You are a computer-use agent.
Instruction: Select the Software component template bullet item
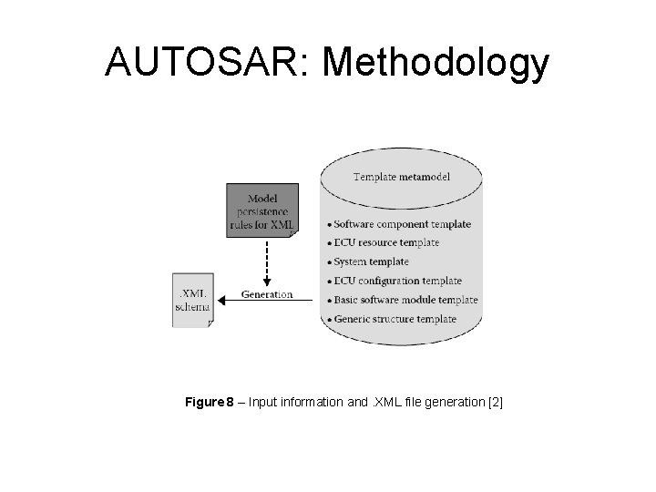pyautogui.click(x=402, y=223)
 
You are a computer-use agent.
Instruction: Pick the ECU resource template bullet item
pyautogui.click(x=386, y=242)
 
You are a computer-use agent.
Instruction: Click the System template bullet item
pyautogui.click(x=371, y=261)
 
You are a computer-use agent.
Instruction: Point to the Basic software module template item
pyautogui.click(x=405, y=300)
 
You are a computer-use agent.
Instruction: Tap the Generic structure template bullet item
pyautogui.click(x=395, y=319)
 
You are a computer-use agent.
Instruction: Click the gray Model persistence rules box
pyautogui.click(x=262, y=210)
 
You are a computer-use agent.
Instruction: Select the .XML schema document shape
pyautogui.click(x=192, y=300)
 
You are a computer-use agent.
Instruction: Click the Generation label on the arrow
pyautogui.click(x=267, y=293)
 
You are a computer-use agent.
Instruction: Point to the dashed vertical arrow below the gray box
pyautogui.click(x=267, y=260)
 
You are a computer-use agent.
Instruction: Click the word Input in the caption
pyautogui.click(x=265, y=402)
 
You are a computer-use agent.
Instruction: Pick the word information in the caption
pyautogui.click(x=315, y=402)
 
